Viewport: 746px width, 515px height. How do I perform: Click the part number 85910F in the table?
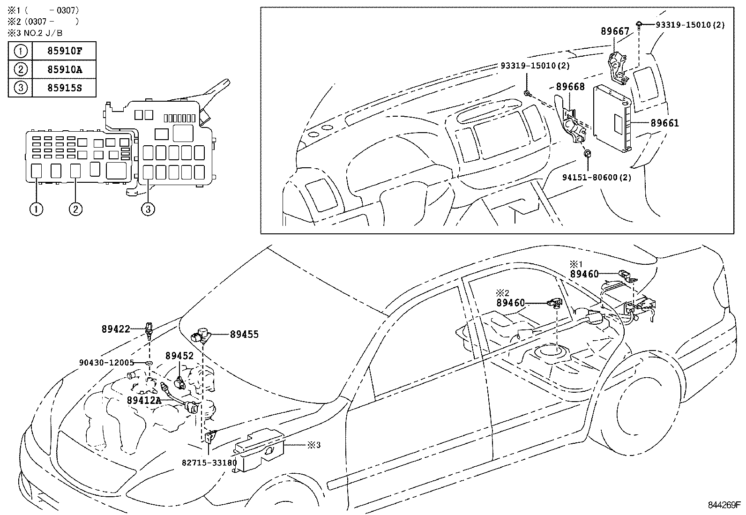point(64,51)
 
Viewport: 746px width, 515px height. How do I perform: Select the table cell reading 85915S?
point(64,88)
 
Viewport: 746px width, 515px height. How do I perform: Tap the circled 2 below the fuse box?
point(75,209)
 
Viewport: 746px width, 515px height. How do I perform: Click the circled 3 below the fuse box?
point(148,209)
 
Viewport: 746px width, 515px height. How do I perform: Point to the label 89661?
point(664,123)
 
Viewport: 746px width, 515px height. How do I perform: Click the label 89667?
point(615,31)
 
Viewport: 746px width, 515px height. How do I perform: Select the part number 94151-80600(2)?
point(597,178)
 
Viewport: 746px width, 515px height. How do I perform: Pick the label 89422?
point(116,329)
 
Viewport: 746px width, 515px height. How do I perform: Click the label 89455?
point(244,335)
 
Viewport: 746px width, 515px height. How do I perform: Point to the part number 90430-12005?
point(106,363)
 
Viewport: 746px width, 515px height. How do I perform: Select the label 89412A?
point(144,400)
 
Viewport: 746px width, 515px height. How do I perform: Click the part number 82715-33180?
point(209,463)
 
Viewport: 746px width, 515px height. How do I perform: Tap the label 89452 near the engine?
point(179,356)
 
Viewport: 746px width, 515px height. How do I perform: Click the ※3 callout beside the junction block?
point(313,445)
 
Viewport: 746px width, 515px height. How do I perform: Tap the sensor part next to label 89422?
point(149,329)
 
